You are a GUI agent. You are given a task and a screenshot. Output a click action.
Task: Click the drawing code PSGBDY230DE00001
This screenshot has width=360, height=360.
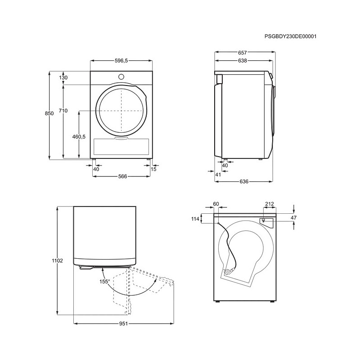click(x=290, y=36)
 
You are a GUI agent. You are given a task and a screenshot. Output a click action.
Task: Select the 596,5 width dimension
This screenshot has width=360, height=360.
click(x=121, y=61)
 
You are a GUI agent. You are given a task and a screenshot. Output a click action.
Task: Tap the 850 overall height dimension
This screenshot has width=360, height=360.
click(x=49, y=113)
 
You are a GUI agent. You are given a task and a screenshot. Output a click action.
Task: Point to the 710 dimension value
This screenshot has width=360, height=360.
click(x=63, y=111)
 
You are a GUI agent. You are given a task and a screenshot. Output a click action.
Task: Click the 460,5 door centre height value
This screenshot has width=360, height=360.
click(x=79, y=137)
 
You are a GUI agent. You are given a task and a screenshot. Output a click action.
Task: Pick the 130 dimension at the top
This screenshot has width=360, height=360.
click(x=63, y=77)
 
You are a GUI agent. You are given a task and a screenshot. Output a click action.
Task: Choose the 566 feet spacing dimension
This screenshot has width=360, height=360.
click(x=122, y=176)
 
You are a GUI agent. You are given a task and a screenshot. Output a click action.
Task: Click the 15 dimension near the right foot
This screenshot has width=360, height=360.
click(x=153, y=169)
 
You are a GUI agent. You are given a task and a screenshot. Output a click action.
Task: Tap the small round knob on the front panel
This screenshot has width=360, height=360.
click(x=121, y=76)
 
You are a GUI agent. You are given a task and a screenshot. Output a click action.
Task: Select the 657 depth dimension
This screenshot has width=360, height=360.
click(x=242, y=53)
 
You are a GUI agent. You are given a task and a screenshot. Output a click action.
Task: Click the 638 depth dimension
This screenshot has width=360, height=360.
click(x=242, y=61)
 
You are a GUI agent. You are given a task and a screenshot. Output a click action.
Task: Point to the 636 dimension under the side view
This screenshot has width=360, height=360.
click(x=244, y=182)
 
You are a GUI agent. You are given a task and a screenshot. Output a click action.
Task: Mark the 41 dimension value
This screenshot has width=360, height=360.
click(x=218, y=175)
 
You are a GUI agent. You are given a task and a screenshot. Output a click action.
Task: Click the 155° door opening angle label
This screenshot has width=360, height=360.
click(x=105, y=282)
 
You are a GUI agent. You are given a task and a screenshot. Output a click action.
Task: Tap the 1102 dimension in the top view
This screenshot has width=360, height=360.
click(x=58, y=261)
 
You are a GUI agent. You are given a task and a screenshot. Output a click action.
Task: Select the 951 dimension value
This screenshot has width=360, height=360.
click(x=123, y=324)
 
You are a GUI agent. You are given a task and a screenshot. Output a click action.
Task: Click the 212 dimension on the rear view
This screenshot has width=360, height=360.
click(x=269, y=204)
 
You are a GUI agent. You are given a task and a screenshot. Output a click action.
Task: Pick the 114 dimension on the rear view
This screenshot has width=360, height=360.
click(x=195, y=219)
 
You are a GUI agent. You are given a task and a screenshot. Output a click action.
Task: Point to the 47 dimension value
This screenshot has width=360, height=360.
click(x=294, y=218)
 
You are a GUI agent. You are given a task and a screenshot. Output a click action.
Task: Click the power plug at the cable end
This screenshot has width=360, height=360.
click(x=229, y=271)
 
